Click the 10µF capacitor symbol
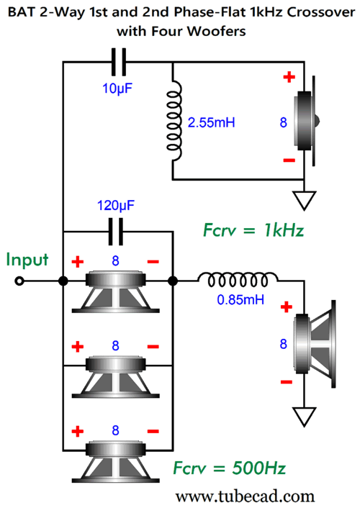(x=119, y=62)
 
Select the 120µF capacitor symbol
(x=116, y=232)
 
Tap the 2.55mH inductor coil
(x=174, y=121)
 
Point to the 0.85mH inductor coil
(x=238, y=281)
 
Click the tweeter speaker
(x=307, y=121)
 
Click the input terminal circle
(x=19, y=281)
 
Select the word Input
(x=27, y=260)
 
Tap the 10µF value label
(x=117, y=88)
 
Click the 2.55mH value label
(x=212, y=122)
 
